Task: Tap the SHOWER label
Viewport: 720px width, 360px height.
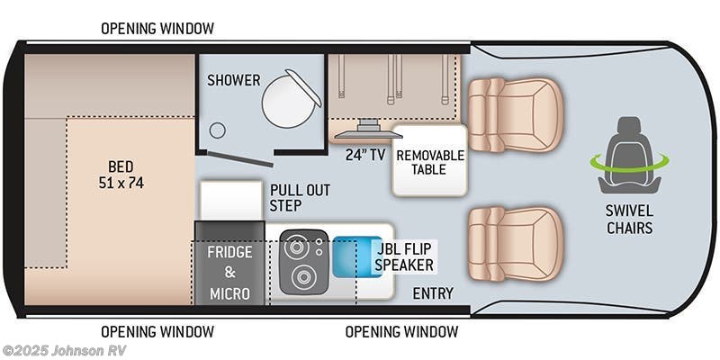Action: tap(233, 80)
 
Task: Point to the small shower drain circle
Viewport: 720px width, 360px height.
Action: tap(217, 130)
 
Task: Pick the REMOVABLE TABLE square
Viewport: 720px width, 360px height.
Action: tap(429, 162)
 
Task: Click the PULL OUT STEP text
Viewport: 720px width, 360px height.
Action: tap(299, 198)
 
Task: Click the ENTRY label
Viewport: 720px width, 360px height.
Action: tap(432, 293)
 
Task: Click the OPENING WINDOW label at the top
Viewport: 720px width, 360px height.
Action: tap(157, 28)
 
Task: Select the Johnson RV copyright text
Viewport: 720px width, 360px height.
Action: tap(56, 350)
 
